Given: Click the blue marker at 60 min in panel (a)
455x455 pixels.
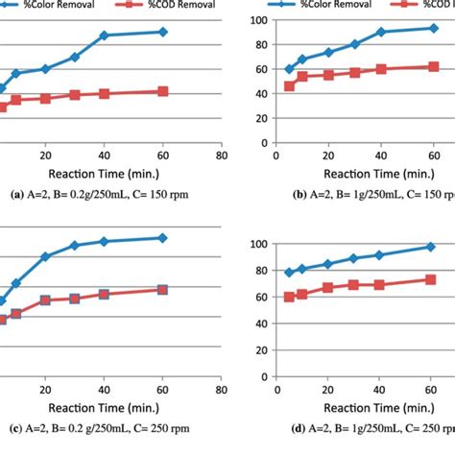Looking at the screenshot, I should (162, 32).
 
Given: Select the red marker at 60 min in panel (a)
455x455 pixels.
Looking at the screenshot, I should (162, 91).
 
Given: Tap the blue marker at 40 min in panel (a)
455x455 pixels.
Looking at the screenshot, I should (104, 36).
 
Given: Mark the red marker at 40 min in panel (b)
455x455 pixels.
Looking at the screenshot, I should (381, 69).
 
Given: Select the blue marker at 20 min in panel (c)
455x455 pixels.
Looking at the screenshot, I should (45, 256).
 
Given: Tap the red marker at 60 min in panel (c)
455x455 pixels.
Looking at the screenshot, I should (162, 289).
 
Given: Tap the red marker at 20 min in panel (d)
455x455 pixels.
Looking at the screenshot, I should (328, 288).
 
